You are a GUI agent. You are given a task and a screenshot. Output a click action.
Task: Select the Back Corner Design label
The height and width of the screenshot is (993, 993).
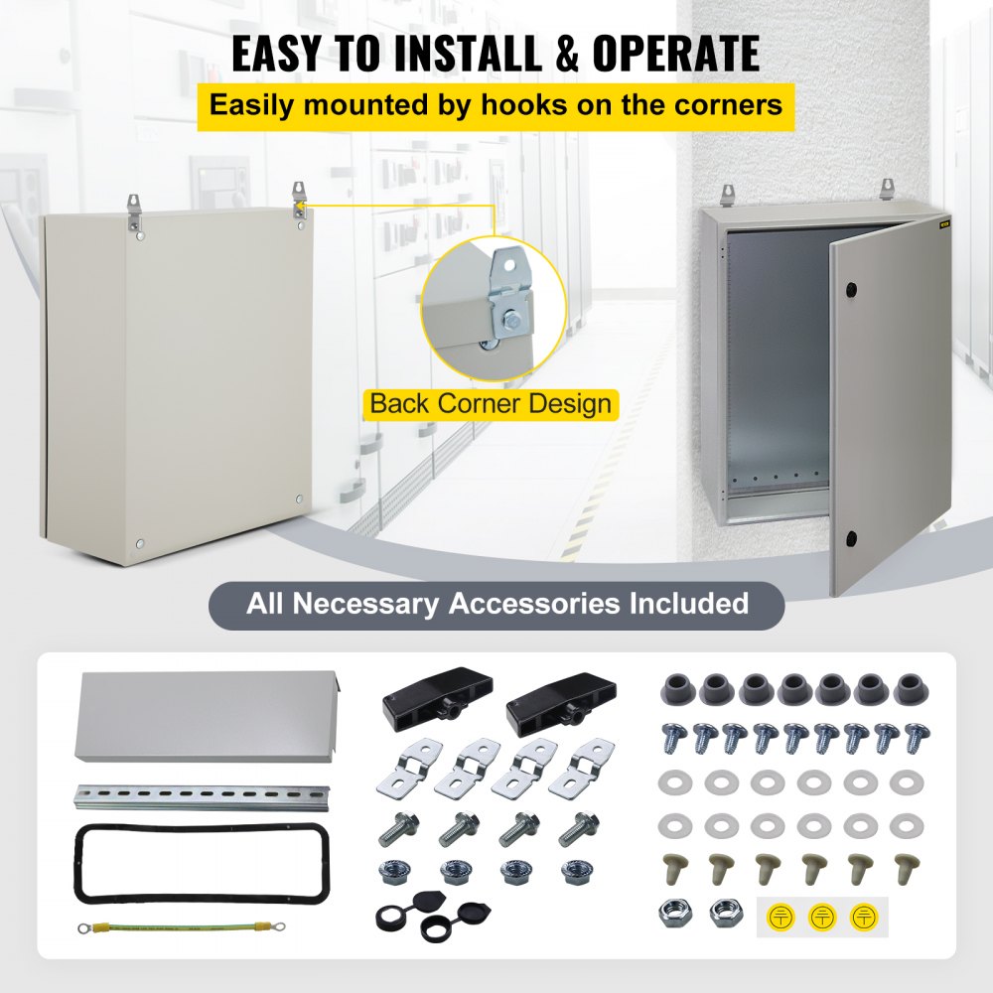[x=491, y=404]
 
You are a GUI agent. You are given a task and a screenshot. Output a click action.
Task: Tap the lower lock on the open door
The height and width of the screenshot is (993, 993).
[x=851, y=538]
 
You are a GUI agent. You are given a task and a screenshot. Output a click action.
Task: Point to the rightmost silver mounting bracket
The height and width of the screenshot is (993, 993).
[x=575, y=767]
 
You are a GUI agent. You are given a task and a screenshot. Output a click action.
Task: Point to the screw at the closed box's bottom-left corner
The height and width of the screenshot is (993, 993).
[x=139, y=543]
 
